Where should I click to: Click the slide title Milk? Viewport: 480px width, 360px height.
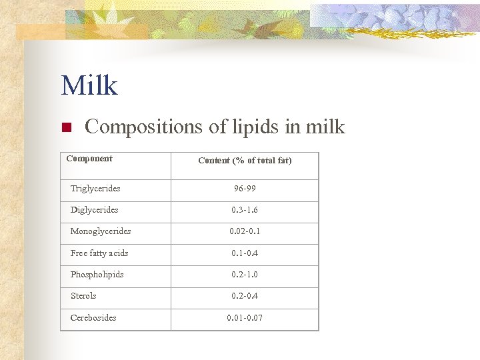tap(89, 86)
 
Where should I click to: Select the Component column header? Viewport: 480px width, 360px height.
tap(89, 159)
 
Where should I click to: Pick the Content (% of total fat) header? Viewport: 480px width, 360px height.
tap(245, 160)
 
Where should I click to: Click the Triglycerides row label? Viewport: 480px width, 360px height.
tap(95, 189)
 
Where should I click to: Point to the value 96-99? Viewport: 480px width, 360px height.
tap(245, 189)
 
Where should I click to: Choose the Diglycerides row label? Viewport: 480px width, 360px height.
tap(95, 210)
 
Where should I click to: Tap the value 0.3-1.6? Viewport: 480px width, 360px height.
tap(245, 210)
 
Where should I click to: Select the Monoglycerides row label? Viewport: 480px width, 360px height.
tap(101, 231)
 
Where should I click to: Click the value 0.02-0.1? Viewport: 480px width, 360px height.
tap(245, 231)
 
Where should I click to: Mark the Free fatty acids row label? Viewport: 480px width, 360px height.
tap(99, 253)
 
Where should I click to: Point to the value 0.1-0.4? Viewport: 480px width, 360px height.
tap(245, 253)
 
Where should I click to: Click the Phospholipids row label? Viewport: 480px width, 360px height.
tap(97, 275)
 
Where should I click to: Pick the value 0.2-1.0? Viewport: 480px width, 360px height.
tap(245, 275)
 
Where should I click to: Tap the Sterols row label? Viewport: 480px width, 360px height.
tap(83, 296)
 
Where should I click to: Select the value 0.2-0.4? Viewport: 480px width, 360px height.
tap(245, 296)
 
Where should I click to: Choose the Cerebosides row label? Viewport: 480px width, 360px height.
tap(93, 318)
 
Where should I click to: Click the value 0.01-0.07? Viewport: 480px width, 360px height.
tap(245, 318)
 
